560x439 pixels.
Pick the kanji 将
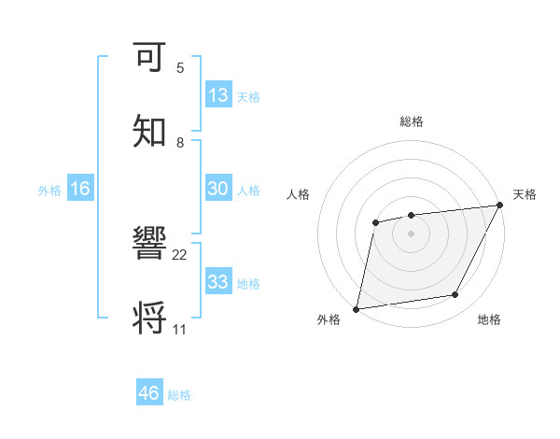(x=151, y=318)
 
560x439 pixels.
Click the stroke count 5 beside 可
(x=180, y=68)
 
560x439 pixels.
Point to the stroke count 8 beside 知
(x=180, y=142)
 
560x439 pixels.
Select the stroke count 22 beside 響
(x=180, y=255)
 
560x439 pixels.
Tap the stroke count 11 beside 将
(x=180, y=330)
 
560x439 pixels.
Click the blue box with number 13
(x=218, y=95)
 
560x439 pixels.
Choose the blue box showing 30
(x=218, y=189)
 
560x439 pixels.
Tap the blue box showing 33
(x=218, y=281)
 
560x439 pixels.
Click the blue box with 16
(x=80, y=189)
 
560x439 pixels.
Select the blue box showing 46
(x=149, y=393)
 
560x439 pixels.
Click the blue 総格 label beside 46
(x=179, y=395)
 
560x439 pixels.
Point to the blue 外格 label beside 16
(x=49, y=191)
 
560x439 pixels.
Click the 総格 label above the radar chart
(x=411, y=122)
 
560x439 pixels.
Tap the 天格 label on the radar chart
(x=525, y=194)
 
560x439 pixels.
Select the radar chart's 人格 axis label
(x=298, y=194)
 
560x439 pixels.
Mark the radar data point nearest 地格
(x=455, y=295)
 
